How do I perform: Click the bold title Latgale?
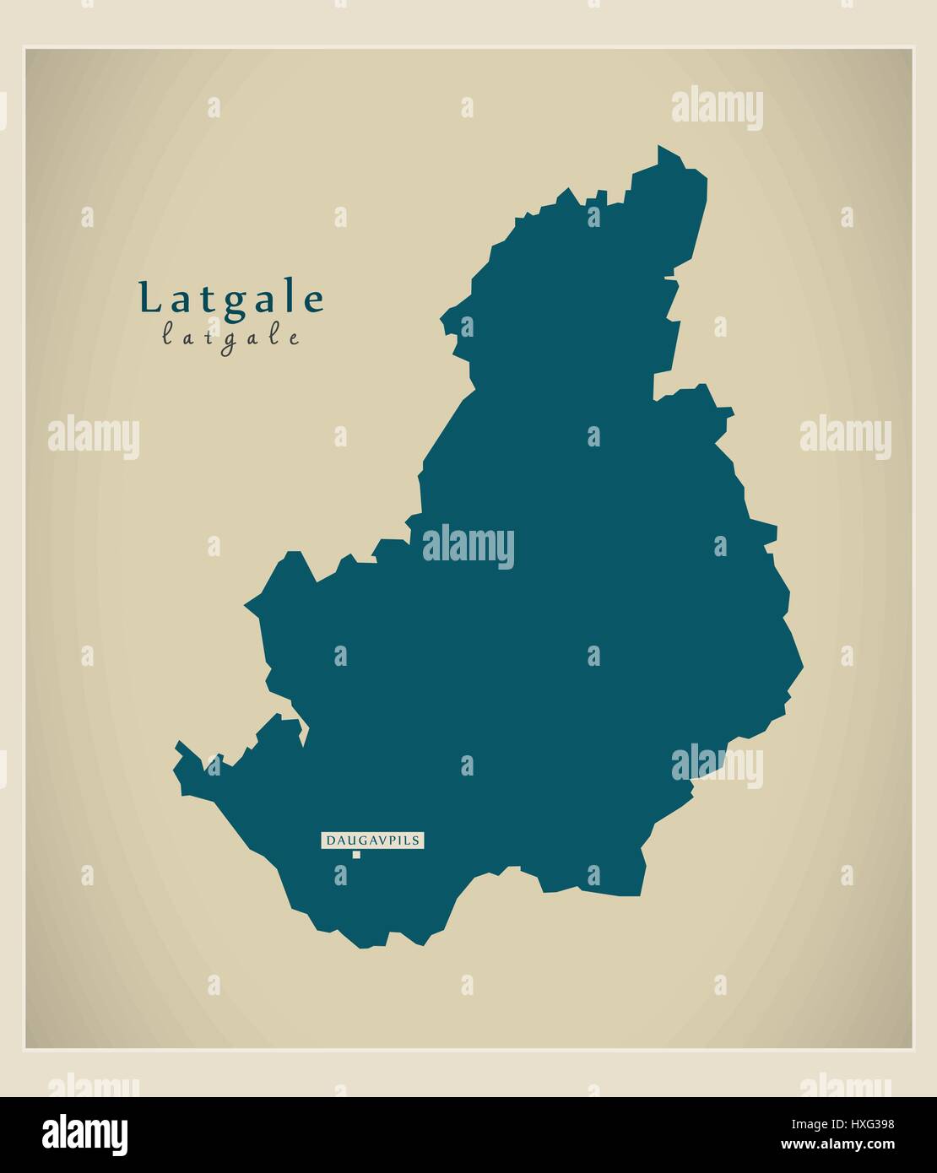click(x=231, y=300)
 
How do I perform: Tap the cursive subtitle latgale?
click(x=230, y=338)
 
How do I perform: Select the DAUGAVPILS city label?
click(x=372, y=841)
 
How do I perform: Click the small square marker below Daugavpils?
click(x=356, y=855)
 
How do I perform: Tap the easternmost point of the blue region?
click(x=802, y=667)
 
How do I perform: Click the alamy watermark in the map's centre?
click(x=468, y=546)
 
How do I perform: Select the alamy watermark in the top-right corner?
click(x=718, y=109)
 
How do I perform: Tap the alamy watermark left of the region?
click(x=93, y=437)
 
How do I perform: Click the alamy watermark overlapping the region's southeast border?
click(x=718, y=765)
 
